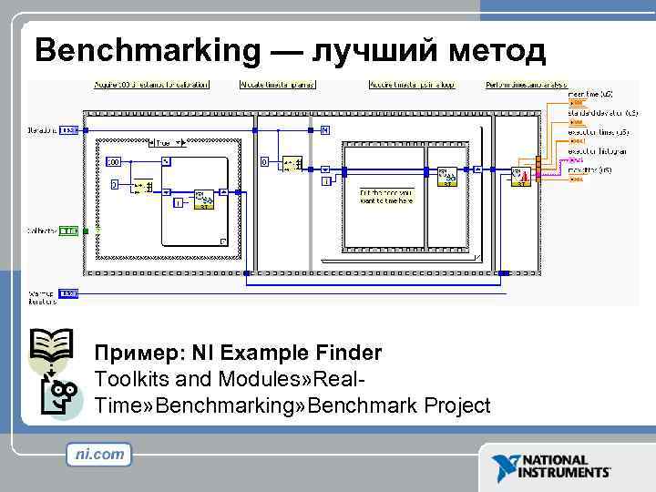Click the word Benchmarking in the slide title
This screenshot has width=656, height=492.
coord(147,51)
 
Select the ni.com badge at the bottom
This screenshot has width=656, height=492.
coord(99,454)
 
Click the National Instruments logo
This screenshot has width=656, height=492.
coord(552,466)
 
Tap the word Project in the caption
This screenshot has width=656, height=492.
coord(446,405)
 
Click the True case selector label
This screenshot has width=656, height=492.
coord(164,143)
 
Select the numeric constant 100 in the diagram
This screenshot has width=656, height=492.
coord(113,161)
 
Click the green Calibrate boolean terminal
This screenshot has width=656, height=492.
coord(69,231)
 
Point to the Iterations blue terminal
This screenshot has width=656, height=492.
coord(69,130)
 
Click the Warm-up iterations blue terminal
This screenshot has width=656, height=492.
coord(68,293)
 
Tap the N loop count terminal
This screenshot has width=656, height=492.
coord(324,130)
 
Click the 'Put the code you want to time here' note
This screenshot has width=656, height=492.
coord(387,197)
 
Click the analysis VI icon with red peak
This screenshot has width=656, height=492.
coord(523,175)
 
